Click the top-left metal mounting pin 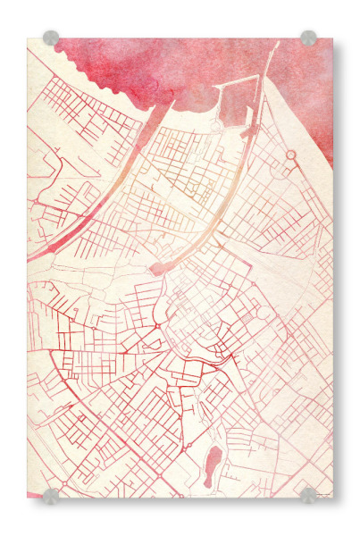coord(51,38)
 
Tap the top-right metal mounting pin coord(308,38)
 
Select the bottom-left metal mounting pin coord(51,496)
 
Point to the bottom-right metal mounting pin coord(308,496)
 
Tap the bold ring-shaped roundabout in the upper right coord(290,155)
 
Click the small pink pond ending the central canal coord(158,267)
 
